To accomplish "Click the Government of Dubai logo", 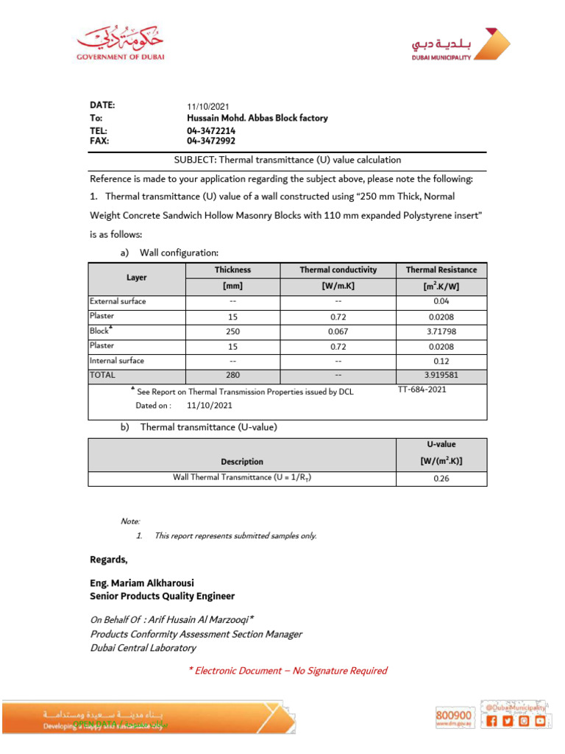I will point(121,45).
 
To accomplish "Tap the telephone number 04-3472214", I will point(211,130).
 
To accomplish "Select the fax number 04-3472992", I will point(211,141).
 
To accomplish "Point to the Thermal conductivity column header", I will point(338,270).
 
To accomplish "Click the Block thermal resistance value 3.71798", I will point(441,331).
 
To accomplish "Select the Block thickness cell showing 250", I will point(232,331).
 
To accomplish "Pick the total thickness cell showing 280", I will point(232,376).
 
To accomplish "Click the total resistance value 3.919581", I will point(441,376).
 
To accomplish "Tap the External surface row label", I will point(118,301).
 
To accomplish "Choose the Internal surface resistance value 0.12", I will point(441,361).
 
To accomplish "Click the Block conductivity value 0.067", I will point(338,331).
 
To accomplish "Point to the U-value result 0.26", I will point(441,479).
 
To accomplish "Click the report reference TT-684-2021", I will point(422,390).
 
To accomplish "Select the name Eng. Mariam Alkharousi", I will point(142,583).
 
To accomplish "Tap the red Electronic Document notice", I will point(288,671).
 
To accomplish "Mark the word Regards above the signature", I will point(108,560).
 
